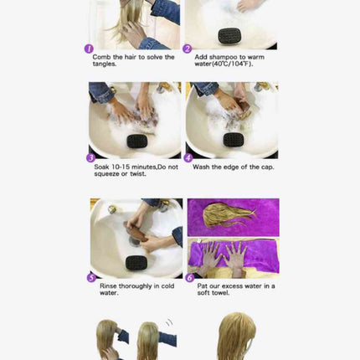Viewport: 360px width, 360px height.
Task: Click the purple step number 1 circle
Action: [x=89, y=49]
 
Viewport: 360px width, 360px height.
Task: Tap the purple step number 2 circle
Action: [x=188, y=49]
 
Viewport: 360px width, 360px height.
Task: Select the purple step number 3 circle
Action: [x=90, y=157]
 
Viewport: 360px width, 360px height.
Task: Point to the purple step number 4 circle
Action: [x=188, y=157]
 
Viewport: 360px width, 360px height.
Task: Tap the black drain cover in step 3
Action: [x=135, y=140]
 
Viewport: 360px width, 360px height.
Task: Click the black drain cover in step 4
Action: [x=232, y=139]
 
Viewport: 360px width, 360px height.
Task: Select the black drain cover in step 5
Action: [x=136, y=263]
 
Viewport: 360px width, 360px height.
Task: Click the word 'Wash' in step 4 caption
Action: [x=201, y=167]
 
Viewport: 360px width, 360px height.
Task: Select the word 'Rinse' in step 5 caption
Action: [x=104, y=286]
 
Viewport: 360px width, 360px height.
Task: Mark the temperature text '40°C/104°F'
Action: [x=237, y=64]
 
